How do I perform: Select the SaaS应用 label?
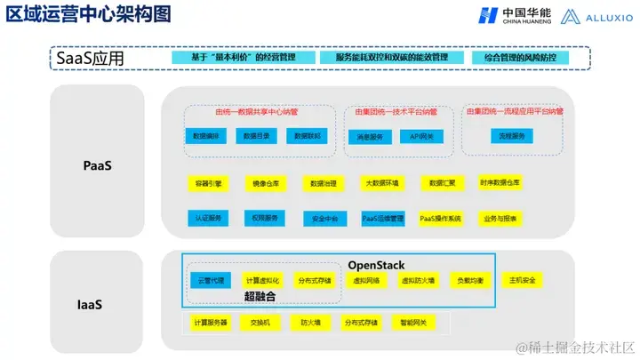click(x=90, y=59)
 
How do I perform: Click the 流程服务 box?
click(x=510, y=136)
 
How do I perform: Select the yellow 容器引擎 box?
click(x=209, y=183)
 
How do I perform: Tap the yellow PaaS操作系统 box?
click(x=441, y=218)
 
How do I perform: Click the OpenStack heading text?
click(x=376, y=265)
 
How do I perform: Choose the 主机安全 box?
click(x=523, y=280)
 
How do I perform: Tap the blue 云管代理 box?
click(x=209, y=280)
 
